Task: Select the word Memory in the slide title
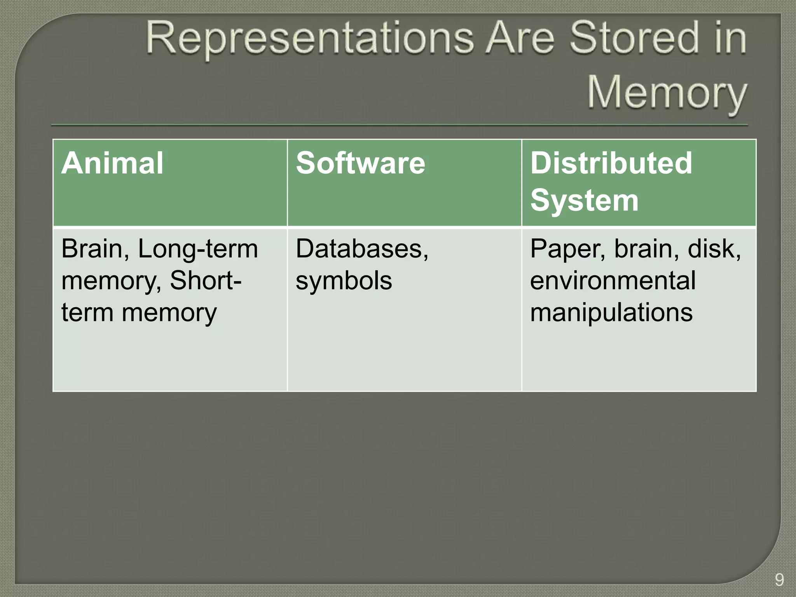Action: pyautogui.click(x=666, y=94)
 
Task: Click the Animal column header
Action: pyautogui.click(x=112, y=163)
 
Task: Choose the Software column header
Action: pyautogui.click(x=360, y=163)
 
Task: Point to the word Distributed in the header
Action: pyautogui.click(x=611, y=163)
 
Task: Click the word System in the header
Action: pyautogui.click(x=584, y=201)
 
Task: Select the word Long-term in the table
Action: pyautogui.click(x=198, y=249)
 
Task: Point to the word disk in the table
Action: pyautogui.click(x=714, y=249)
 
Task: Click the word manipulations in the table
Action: pyautogui.click(x=611, y=312)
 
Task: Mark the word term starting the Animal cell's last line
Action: pyautogui.click(x=87, y=312)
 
